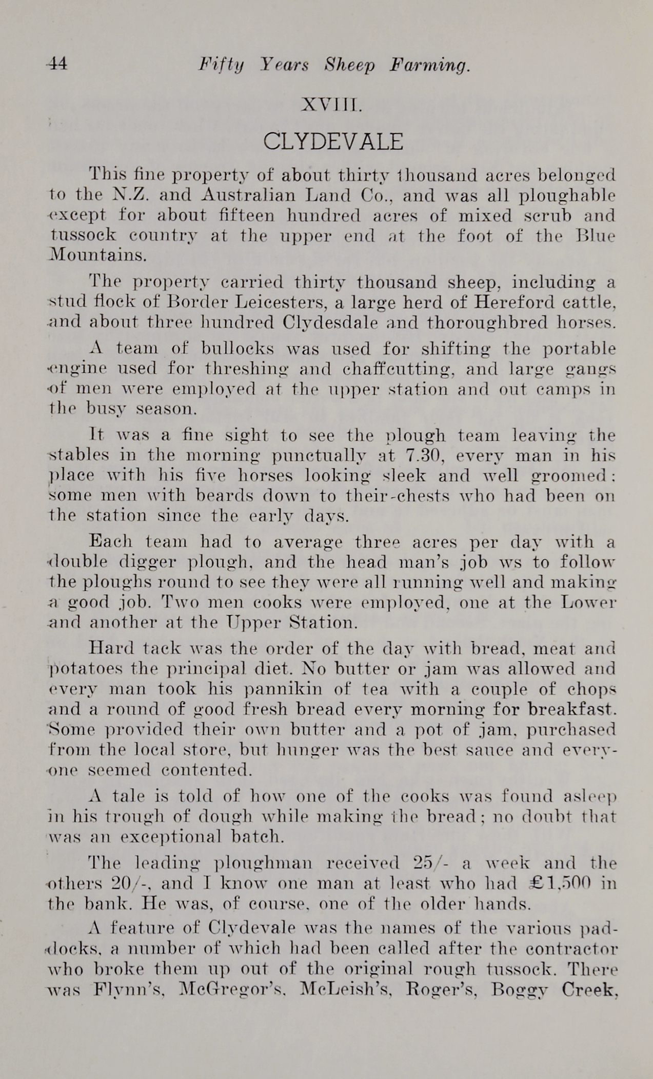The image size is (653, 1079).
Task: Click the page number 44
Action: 56,64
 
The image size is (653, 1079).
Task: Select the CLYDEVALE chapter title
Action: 333,141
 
